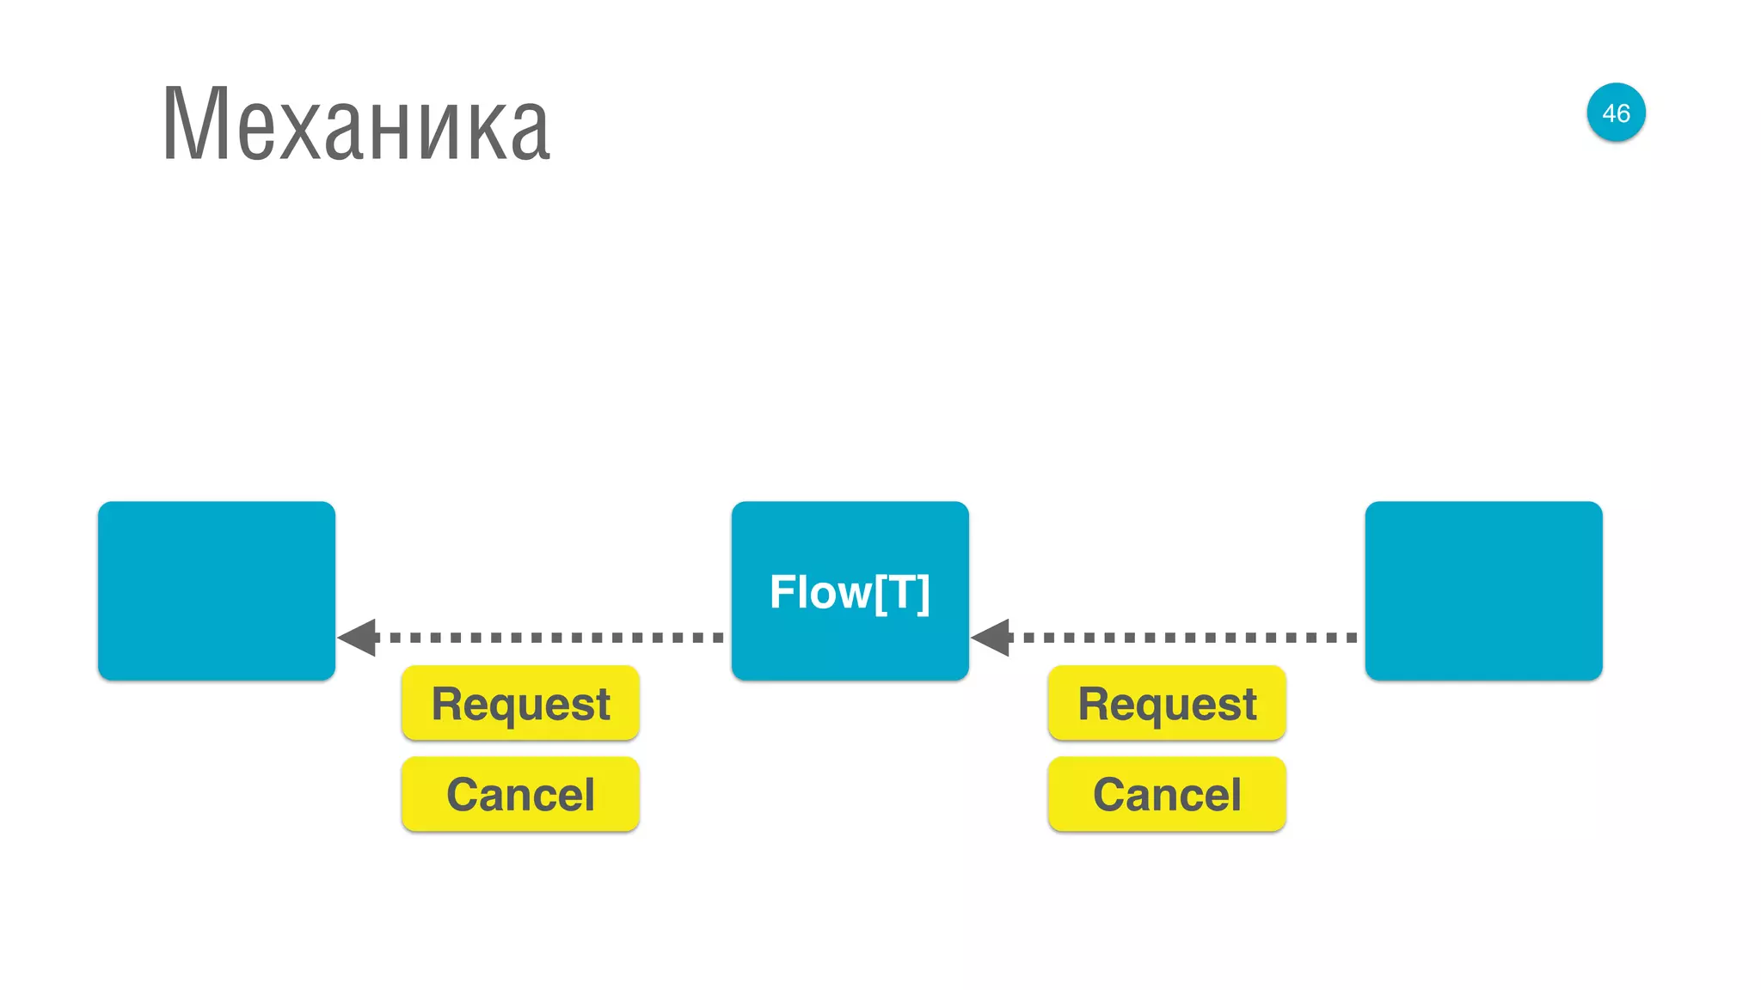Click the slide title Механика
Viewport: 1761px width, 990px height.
[x=355, y=125]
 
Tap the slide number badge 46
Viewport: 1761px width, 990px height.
[x=1616, y=113]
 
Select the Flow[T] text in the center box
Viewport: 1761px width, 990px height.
[x=850, y=592]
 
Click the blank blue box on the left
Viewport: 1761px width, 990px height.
[x=217, y=591]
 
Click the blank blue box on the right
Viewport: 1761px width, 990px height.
[x=1483, y=591]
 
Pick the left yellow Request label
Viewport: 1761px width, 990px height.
[x=520, y=704]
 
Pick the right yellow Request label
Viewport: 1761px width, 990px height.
[x=1167, y=704]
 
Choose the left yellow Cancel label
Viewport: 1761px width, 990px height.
[x=520, y=794]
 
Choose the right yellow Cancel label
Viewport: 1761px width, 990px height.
[x=1167, y=794]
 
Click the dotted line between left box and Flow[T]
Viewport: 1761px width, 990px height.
[x=550, y=638]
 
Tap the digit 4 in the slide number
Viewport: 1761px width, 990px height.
[x=1609, y=113]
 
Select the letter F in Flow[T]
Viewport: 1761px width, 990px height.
[x=782, y=592]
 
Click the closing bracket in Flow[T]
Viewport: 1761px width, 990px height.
[x=923, y=593]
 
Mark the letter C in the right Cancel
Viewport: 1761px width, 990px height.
[x=1110, y=794]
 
